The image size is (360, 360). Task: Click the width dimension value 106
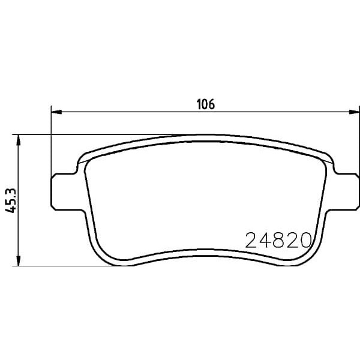(x=206, y=104)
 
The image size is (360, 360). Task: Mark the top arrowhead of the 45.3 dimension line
(x=20, y=140)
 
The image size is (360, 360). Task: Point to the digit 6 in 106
(x=212, y=104)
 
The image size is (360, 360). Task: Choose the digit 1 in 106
(x=200, y=104)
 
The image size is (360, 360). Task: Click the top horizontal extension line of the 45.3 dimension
(x=90, y=134)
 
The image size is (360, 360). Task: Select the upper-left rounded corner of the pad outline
(x=80, y=158)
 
